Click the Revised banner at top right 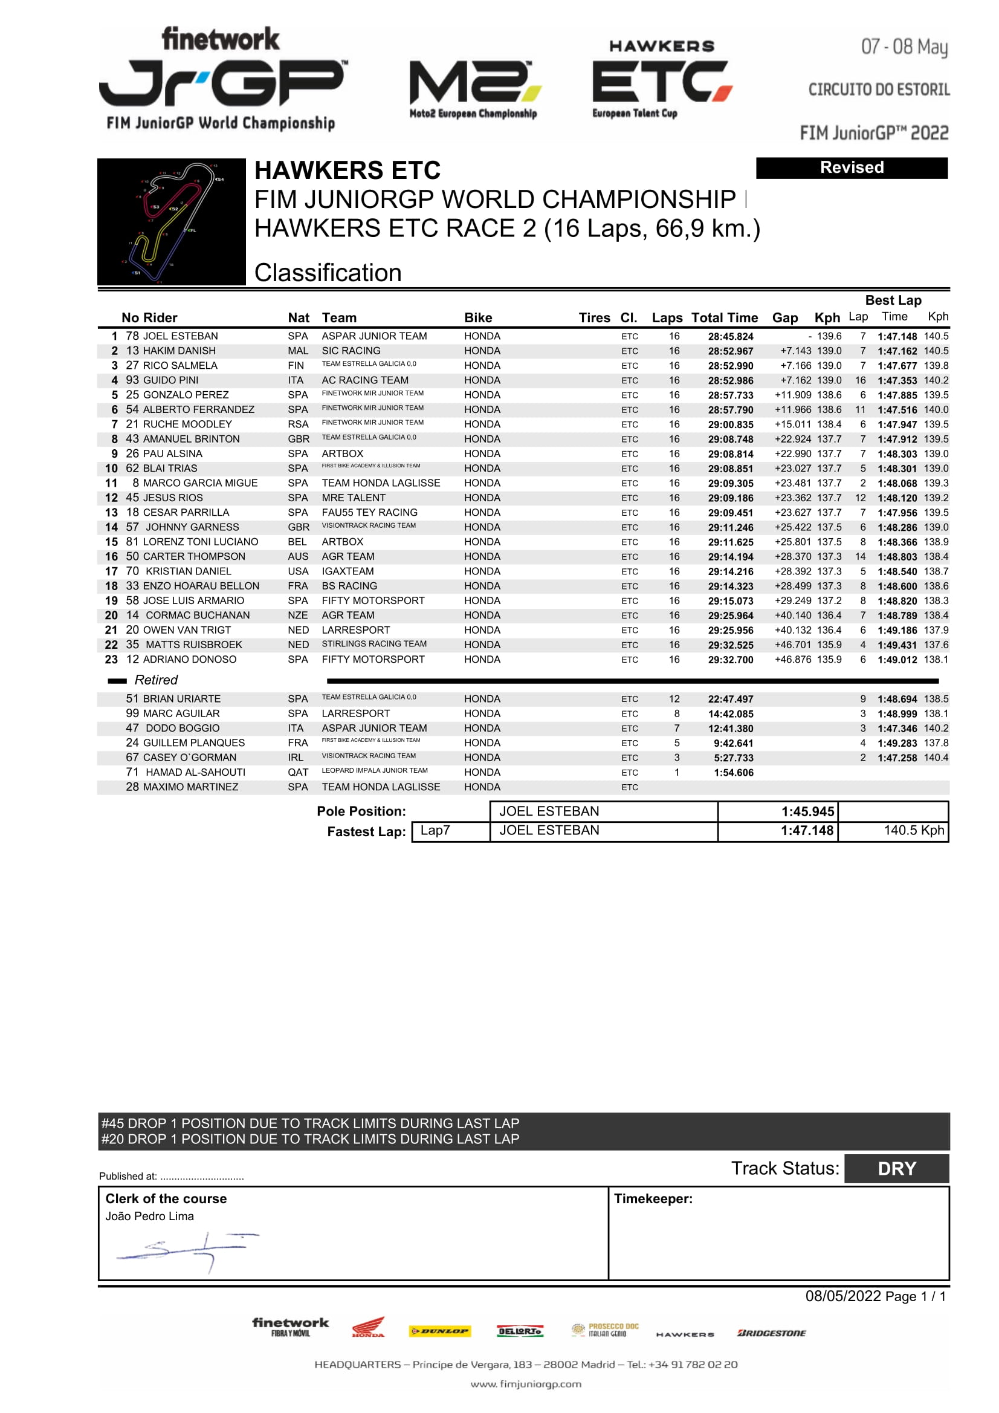tap(852, 168)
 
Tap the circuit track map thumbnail tap(172, 221)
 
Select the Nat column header tap(299, 317)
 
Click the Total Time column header tap(724, 317)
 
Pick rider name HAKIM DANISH tap(179, 351)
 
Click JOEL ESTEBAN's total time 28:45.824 tap(730, 337)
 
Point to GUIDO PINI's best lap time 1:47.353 tap(897, 381)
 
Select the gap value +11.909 tap(792, 395)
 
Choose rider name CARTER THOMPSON tap(194, 556)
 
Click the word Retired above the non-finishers tap(156, 680)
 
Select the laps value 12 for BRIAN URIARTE tap(674, 699)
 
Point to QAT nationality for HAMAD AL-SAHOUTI tap(299, 772)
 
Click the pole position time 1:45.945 tap(807, 812)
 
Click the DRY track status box tap(896, 1169)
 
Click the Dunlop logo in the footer tap(440, 1331)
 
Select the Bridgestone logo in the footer tap(771, 1333)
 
